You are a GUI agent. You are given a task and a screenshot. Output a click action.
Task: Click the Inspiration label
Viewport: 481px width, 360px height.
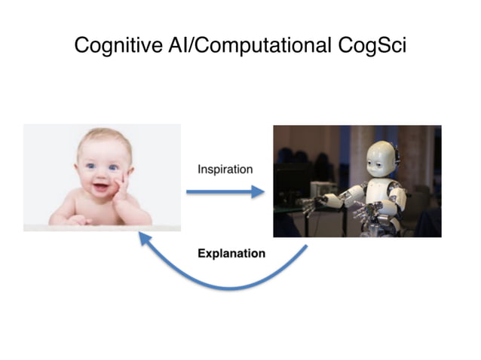click(225, 169)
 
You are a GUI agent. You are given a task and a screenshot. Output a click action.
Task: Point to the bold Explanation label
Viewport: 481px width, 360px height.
click(231, 253)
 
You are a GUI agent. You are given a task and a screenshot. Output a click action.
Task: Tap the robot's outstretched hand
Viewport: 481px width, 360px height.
click(308, 203)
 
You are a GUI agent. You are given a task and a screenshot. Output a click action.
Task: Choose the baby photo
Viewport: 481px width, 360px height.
click(102, 178)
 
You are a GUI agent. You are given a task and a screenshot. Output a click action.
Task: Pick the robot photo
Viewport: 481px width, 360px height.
click(357, 181)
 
